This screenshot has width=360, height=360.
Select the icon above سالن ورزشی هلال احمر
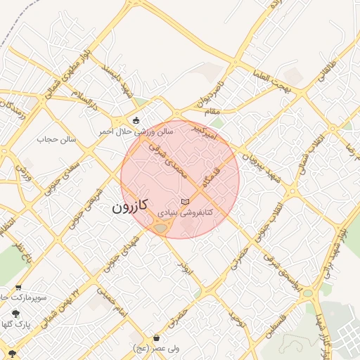(136, 120)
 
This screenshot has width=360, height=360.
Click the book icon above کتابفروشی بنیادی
(185, 202)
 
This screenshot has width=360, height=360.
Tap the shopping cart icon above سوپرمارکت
(18, 288)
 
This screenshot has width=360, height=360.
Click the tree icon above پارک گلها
(15, 314)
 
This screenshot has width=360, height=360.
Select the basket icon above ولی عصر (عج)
(155, 338)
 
